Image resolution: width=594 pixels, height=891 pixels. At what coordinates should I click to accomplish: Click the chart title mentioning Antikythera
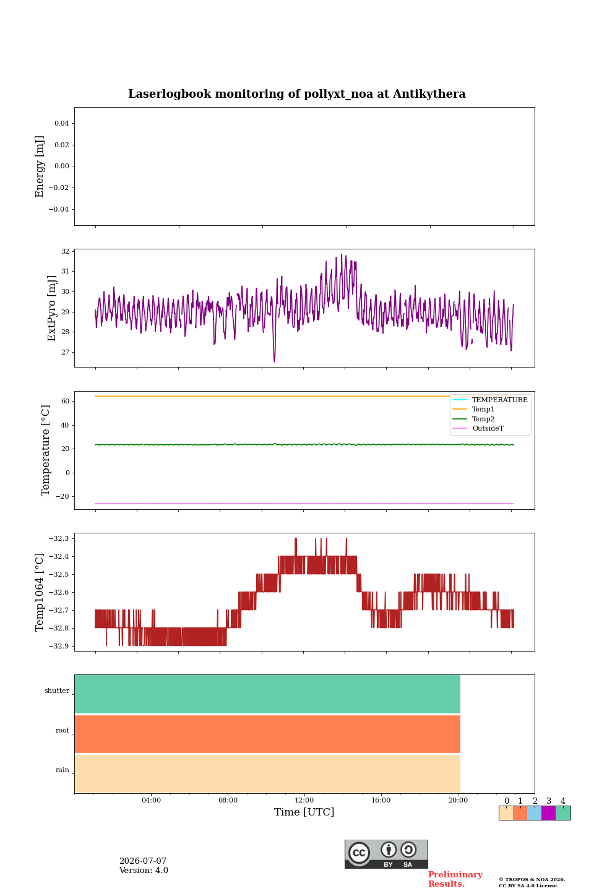(296, 94)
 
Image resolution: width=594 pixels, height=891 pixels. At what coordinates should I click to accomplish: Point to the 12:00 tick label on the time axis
(304, 800)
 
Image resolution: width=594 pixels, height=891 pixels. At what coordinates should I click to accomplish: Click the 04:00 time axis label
(151, 800)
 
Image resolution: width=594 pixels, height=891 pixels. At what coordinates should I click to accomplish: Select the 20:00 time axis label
(458, 800)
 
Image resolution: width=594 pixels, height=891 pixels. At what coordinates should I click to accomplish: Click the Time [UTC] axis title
(304, 812)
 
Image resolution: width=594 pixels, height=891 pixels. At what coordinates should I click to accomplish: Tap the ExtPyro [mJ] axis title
(52, 308)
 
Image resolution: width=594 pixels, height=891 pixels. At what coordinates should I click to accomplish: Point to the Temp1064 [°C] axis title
(39, 592)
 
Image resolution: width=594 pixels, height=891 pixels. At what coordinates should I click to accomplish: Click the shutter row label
(57, 691)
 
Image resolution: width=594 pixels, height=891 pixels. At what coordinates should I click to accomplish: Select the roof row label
(62, 730)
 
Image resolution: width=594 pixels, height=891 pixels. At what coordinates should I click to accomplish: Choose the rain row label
(62, 770)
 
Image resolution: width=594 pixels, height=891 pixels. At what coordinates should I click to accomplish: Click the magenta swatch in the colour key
(548, 813)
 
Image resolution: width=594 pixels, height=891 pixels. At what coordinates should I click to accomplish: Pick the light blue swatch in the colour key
(535, 813)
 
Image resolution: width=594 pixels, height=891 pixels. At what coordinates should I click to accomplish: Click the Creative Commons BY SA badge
(386, 854)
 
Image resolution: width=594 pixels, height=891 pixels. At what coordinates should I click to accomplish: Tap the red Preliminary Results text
(455, 879)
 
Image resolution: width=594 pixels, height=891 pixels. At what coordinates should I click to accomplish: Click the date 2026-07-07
(143, 861)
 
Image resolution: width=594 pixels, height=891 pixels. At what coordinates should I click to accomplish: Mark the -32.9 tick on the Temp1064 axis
(59, 646)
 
